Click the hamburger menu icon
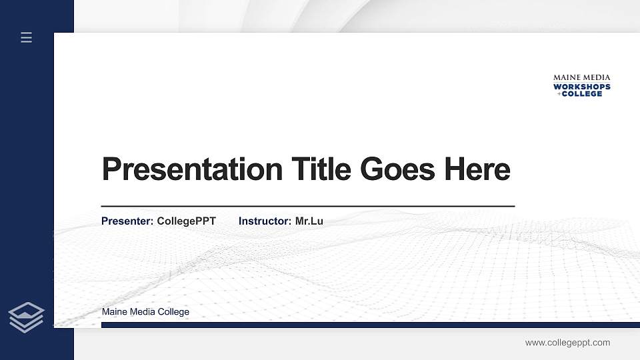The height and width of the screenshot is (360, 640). point(26,37)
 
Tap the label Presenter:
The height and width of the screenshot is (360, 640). point(127,221)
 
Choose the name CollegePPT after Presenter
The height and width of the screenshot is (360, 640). point(187,221)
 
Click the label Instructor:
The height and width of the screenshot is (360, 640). point(265,221)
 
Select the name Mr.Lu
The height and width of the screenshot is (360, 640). point(309,221)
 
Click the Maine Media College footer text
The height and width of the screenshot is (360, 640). point(145,312)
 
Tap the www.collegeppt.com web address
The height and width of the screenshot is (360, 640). point(567,343)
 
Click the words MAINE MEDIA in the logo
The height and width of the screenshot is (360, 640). point(581,77)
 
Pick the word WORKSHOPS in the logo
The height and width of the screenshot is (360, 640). point(581,86)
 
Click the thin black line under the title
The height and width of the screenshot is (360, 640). point(308,207)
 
